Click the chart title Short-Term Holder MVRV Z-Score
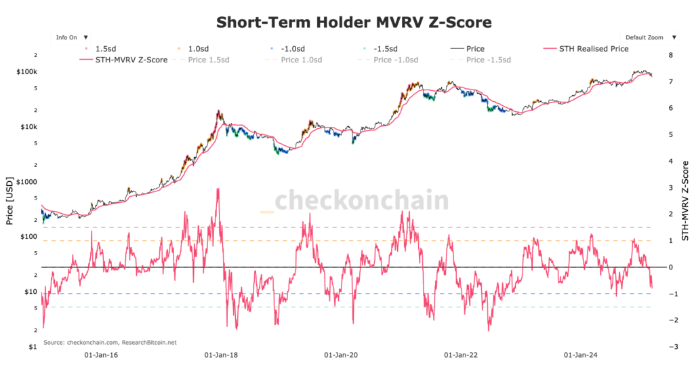(354, 22)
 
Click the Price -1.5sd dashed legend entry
(484, 60)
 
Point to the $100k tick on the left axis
(29, 72)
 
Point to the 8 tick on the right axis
(670, 56)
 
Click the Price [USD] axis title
(9, 202)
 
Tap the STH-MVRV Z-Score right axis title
(685, 202)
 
